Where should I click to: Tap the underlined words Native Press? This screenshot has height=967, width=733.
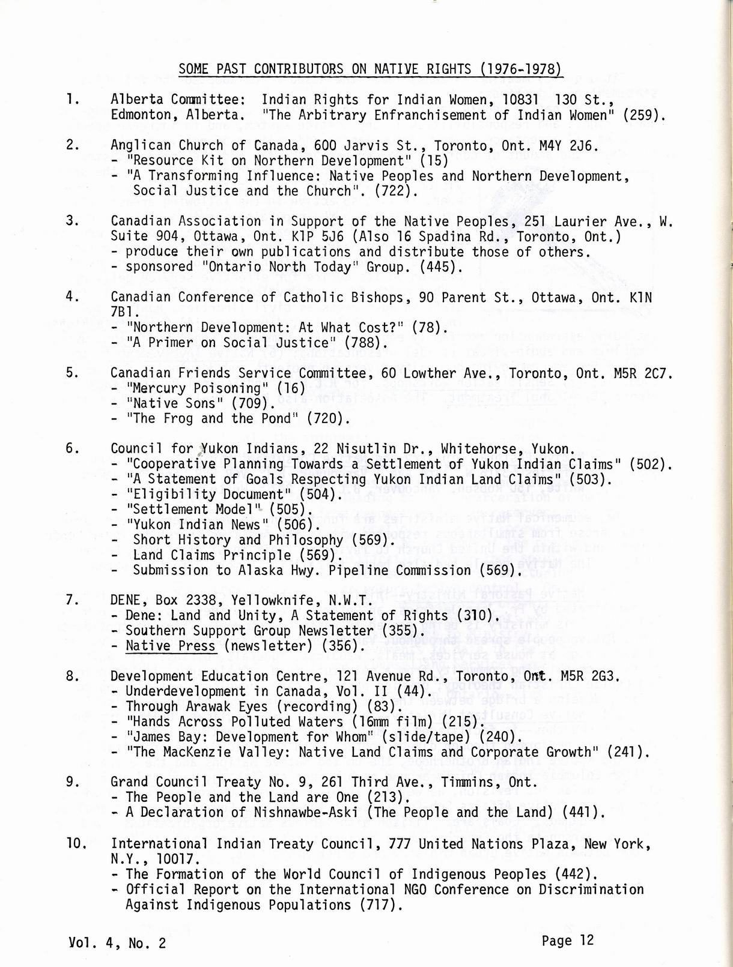coord(170,646)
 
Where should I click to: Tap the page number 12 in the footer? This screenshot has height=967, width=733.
coord(586,940)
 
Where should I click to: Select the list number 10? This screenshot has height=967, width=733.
coord(76,843)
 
